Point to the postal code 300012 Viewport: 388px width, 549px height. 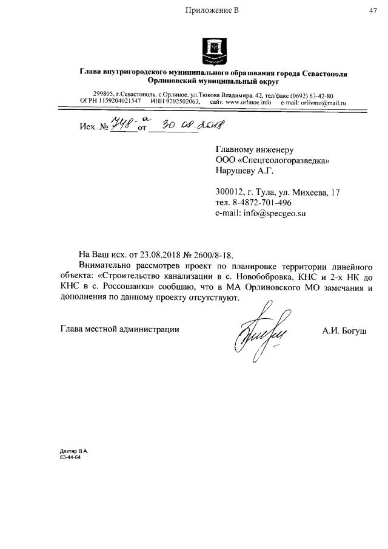[230, 192]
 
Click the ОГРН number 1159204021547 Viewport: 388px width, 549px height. [119, 103]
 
